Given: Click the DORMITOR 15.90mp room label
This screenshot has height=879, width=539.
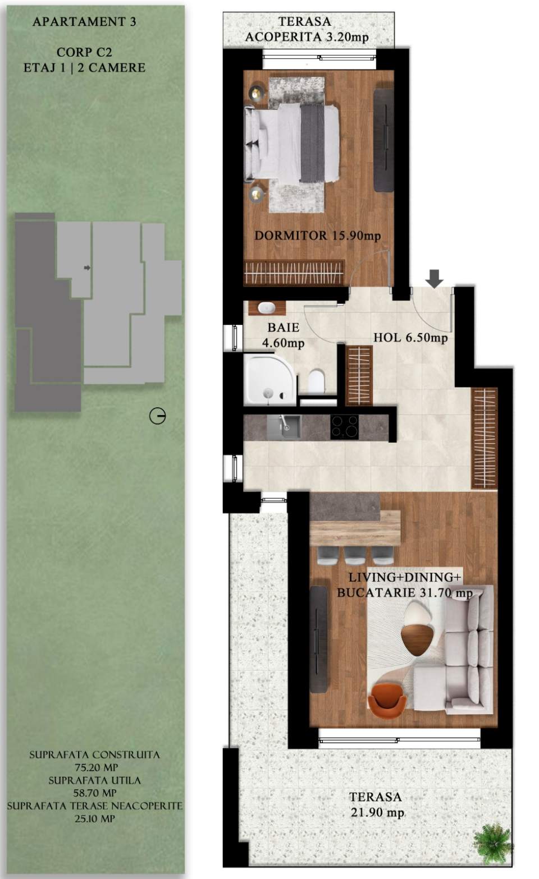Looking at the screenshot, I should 317,236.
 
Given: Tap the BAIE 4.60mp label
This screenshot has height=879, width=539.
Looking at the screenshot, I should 283,335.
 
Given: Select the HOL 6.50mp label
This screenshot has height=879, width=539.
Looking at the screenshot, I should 410,338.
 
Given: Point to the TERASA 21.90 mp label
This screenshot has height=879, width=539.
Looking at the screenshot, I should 376,804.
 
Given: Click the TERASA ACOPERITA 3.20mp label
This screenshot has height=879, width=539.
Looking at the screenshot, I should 307,30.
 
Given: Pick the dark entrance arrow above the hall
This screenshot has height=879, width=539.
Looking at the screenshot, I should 434,278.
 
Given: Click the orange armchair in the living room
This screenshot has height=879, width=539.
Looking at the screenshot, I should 387,698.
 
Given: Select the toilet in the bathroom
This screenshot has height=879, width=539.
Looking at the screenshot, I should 316,381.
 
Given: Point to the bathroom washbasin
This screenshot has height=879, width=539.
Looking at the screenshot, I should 266,307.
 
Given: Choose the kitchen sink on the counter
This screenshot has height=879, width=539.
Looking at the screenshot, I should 284,427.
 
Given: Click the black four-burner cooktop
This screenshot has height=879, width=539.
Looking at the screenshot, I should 345,427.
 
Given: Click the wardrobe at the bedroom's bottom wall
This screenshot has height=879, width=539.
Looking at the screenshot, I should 294,273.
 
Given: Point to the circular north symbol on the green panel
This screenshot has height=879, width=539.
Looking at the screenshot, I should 157,416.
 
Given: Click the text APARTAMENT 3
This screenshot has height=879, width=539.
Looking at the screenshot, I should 84,22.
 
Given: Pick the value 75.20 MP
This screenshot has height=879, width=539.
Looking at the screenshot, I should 96,767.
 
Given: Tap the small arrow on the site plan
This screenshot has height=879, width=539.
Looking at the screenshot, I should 87,268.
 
